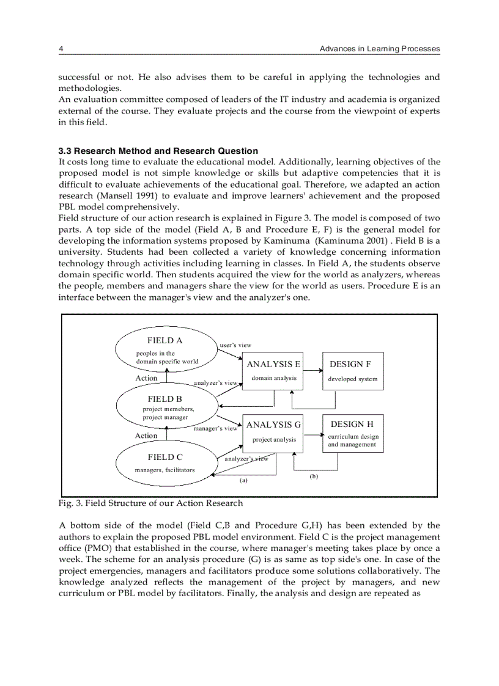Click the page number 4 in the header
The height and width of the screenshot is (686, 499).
(61, 49)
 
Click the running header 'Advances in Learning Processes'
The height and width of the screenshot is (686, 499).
(379, 49)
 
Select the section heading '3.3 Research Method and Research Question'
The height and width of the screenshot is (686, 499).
(158, 151)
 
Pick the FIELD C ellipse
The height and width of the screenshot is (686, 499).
(165, 463)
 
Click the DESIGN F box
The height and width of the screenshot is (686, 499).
(353, 371)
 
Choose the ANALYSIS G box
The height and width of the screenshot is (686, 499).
(273, 432)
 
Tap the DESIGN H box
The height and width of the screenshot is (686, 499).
(353, 432)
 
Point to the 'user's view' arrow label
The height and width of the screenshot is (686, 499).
(235, 345)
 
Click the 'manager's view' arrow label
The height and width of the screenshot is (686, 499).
(215, 429)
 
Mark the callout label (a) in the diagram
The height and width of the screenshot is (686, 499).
(243, 480)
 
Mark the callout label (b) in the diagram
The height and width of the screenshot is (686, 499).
(313, 476)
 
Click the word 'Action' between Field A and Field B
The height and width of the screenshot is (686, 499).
(146, 378)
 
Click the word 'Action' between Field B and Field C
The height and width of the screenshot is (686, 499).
(146, 436)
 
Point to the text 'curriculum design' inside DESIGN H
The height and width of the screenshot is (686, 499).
(353, 437)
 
